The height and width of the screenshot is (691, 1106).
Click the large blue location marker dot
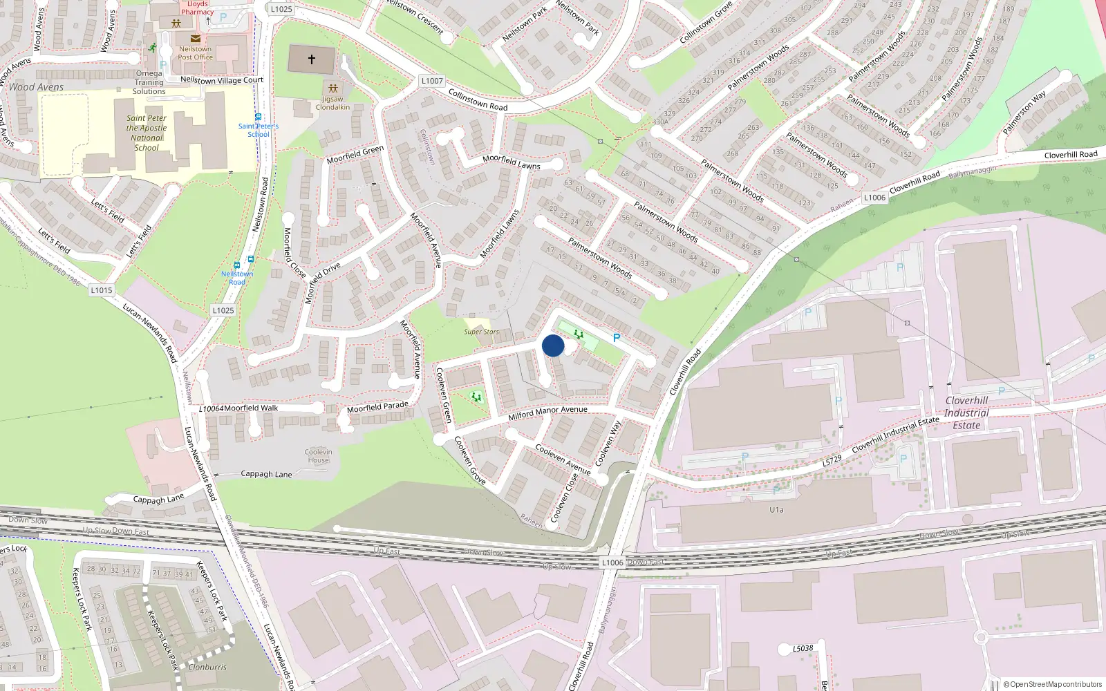point(553,345)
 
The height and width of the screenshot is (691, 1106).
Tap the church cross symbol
point(311,60)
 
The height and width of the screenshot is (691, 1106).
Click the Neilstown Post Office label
point(195,53)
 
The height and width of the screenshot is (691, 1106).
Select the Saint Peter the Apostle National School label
point(147,133)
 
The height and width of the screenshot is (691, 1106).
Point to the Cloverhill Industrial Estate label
point(966,413)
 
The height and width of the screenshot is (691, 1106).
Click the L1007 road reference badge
point(432,81)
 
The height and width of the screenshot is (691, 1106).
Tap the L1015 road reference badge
point(101,290)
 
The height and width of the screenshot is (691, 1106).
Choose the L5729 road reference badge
point(832,460)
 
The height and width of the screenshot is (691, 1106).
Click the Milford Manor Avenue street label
point(547,413)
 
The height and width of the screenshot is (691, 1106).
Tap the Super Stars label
point(481,332)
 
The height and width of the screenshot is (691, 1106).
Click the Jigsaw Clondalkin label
point(332,103)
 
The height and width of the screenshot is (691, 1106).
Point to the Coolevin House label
point(318,456)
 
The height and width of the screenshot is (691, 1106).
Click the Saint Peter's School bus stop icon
point(258,117)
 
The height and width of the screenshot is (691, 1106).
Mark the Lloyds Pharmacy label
point(197,8)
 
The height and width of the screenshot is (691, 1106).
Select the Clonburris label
point(207,668)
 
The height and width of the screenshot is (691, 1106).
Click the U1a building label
point(776,510)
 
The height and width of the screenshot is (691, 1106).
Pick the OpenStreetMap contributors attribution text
point(1053,684)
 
